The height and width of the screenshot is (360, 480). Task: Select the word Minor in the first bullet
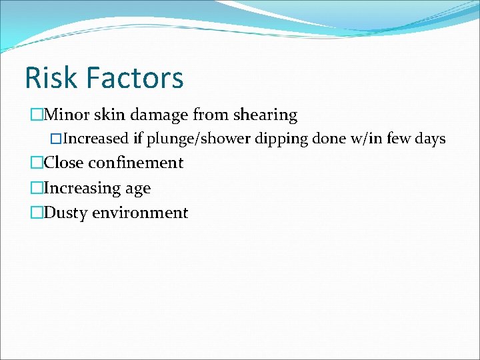tap(65, 115)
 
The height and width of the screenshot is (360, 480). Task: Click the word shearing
tap(265, 115)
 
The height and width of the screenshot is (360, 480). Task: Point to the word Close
tap(65, 163)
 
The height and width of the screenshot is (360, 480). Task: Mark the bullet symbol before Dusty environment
tap(37, 213)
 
